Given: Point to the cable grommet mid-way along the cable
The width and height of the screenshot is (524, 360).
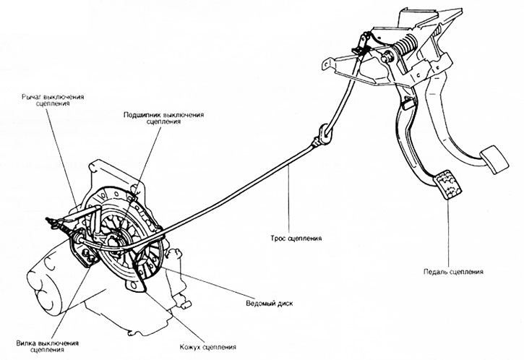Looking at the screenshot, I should (323, 134).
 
